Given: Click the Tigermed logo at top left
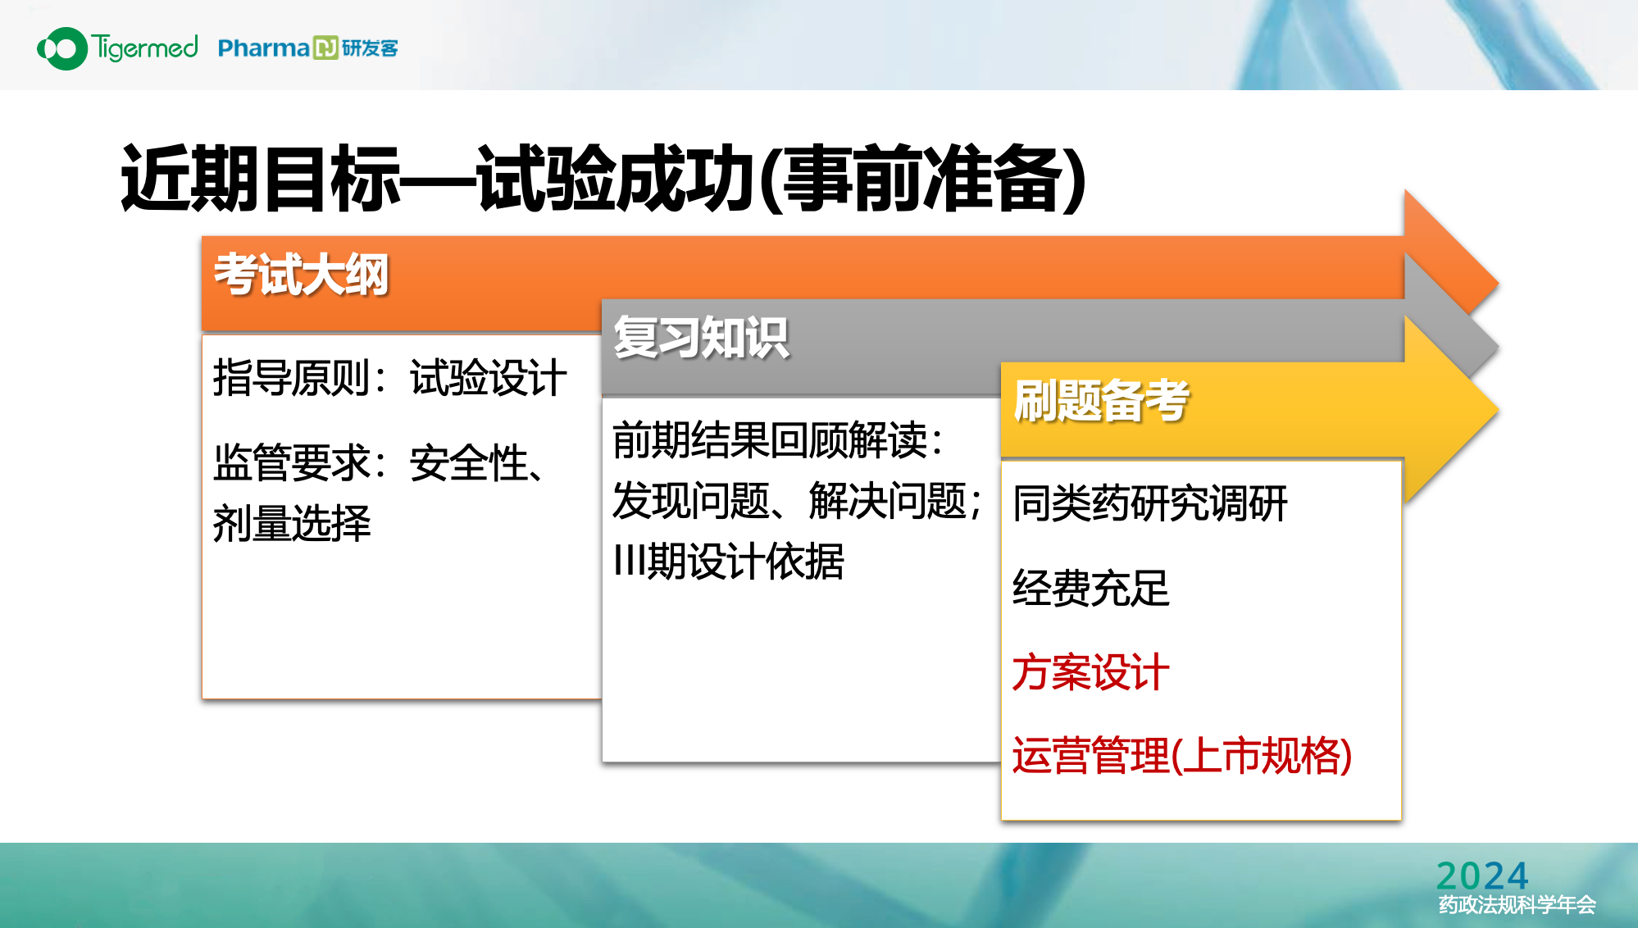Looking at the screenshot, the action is coord(117,48).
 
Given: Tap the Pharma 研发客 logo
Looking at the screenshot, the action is coord(308,48).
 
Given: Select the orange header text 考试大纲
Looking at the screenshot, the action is coord(301,274).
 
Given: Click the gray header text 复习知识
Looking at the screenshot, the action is coord(701,337).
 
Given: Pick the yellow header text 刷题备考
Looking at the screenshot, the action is coord(1101,400).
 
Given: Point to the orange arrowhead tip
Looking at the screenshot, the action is coord(1499,284).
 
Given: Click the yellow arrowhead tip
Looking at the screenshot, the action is coord(1499,410).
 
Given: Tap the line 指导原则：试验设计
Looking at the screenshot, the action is coord(389,378).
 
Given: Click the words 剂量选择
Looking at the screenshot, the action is coord(292,523).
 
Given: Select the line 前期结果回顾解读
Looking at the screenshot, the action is coord(778,439).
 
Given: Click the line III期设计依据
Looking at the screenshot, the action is coord(729,562).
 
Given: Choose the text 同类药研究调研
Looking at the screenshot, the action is coord(1150,503).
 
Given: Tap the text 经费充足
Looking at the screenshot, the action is coord(1091,588).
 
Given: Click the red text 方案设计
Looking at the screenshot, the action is coord(1091,672).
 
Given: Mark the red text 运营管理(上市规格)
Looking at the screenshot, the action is coord(1182,756).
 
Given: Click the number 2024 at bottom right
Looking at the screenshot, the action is coord(1482,876).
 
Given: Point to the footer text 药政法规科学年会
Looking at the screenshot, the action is coord(1517,905).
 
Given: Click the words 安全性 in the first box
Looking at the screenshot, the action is coord(469,463).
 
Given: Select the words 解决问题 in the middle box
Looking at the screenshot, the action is coord(888,501).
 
